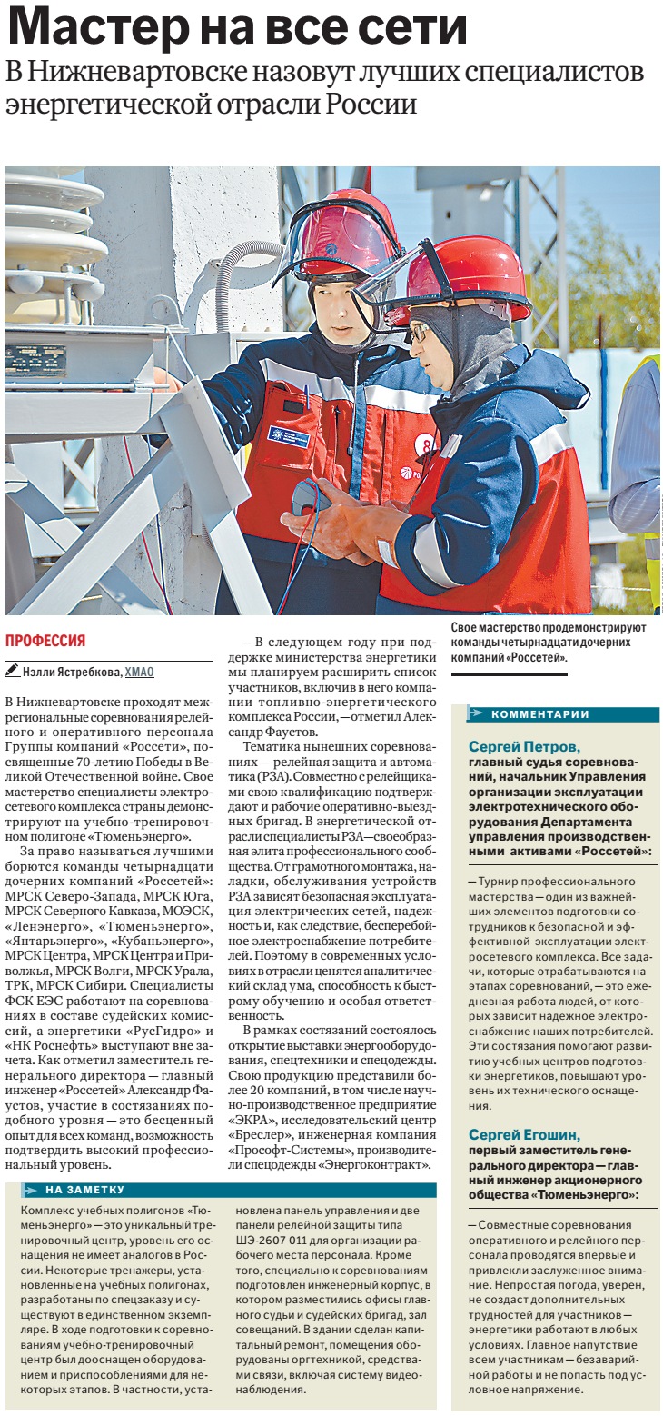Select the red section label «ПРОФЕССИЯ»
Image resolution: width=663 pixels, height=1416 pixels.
[x=45, y=640]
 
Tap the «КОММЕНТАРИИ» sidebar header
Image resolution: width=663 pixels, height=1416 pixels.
[x=540, y=713]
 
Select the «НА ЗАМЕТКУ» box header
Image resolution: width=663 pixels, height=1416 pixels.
[x=84, y=1189]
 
